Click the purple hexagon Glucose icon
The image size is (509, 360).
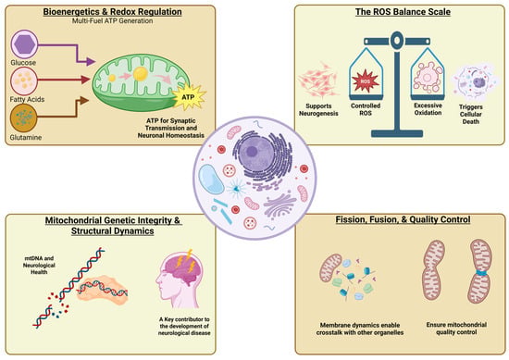[25, 44]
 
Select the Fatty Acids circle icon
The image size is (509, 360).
[24, 81]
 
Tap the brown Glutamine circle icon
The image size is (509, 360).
[24, 118]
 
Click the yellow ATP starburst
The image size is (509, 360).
[189, 97]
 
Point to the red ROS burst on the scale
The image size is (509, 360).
[366, 81]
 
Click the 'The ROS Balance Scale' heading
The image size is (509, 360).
[403, 12]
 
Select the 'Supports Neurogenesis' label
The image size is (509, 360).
[318, 110]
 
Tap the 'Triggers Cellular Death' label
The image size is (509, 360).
[471, 114]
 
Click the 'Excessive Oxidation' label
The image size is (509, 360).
[428, 109]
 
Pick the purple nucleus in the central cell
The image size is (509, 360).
[251, 152]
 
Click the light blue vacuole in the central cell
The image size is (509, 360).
[211, 180]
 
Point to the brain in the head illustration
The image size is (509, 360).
[182, 269]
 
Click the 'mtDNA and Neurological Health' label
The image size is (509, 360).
[39, 266]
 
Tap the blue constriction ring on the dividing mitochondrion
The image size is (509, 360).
[481, 273]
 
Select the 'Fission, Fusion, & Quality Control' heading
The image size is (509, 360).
[403, 219]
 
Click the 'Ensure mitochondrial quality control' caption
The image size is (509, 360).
[456, 329]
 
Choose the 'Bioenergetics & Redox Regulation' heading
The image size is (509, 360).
[112, 12]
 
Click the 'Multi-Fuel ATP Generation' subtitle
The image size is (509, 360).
[112, 20]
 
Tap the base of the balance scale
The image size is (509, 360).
[397, 133]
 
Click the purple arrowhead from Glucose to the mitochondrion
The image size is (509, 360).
[91, 61]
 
